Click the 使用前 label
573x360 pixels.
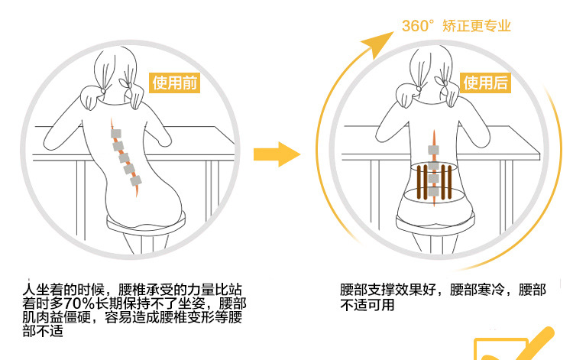[174, 83]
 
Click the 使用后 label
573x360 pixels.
[485, 83]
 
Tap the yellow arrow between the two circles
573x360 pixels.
[277, 154]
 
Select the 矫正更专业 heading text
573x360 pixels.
[477, 26]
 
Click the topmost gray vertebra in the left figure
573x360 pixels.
[116, 134]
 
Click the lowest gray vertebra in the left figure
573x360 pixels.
[135, 180]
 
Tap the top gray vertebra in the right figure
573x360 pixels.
[433, 150]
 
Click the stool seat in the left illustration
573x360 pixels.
[146, 223]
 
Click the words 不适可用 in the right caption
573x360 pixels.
[367, 304]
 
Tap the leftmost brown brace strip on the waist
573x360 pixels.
[419, 182]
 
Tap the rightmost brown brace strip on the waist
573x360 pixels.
[449, 182]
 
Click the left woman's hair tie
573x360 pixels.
[103, 91]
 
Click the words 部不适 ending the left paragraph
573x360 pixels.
[43, 331]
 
